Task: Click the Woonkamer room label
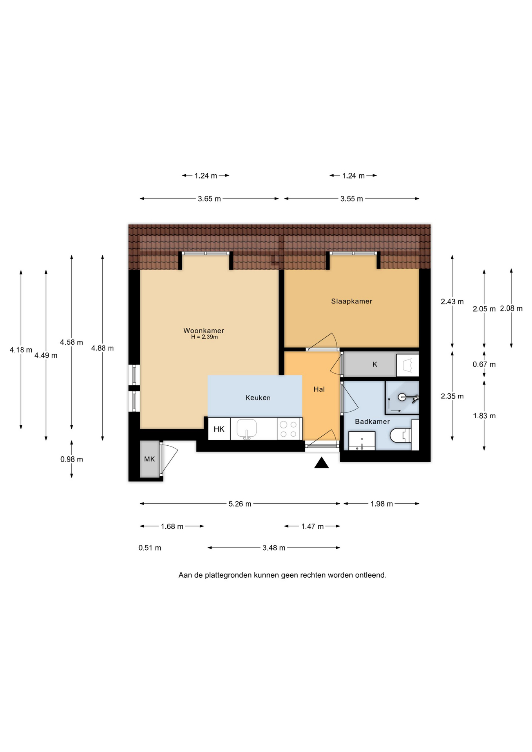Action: click(x=204, y=331)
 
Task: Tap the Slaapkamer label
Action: click(x=351, y=301)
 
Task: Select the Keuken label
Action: click(x=258, y=398)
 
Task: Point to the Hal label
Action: click(x=319, y=389)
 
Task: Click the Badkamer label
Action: click(x=372, y=421)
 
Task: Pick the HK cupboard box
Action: click(x=219, y=429)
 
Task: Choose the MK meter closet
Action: click(x=150, y=459)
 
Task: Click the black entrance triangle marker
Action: click(x=321, y=463)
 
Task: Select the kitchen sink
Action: click(x=247, y=428)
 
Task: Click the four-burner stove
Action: click(x=289, y=429)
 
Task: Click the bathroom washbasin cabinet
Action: click(x=362, y=441)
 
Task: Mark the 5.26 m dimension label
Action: click(x=240, y=504)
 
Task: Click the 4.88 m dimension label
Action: click(x=103, y=348)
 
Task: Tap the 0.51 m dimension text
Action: click(x=150, y=548)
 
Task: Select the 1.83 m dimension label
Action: click(x=484, y=416)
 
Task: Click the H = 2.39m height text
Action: click(x=204, y=337)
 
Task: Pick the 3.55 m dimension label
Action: click(x=351, y=199)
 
